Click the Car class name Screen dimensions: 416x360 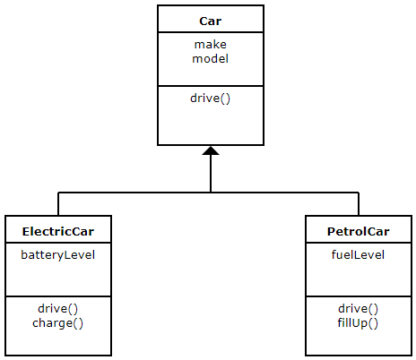click(211, 21)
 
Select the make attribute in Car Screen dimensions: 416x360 click(211, 45)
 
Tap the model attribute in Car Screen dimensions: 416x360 click(211, 58)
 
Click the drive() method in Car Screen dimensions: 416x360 click(211, 99)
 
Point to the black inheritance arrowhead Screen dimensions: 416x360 click(211, 151)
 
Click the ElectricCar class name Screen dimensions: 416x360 click(58, 232)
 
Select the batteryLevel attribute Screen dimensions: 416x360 click(58, 255)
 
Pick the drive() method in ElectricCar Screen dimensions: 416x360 click(58, 309)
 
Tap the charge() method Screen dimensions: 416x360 click(58, 323)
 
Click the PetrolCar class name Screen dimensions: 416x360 click(359, 232)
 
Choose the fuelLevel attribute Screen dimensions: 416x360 click(359, 255)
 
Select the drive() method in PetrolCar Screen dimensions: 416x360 click(359, 309)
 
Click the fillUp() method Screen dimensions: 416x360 click(358, 323)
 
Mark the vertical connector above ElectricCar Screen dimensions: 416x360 click(58, 204)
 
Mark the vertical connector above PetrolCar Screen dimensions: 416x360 click(359, 204)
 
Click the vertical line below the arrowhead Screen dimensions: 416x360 click(211, 174)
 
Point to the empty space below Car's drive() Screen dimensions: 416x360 click(211, 125)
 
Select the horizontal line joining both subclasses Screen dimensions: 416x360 click(208, 193)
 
